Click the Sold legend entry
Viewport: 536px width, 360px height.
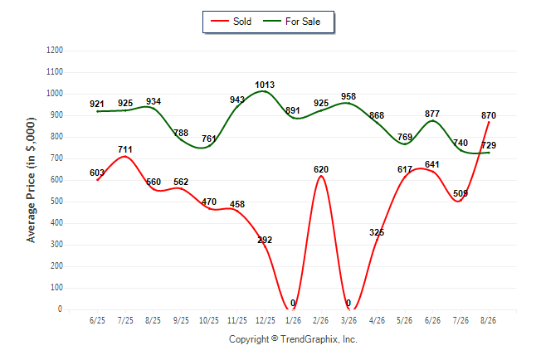pos(231,22)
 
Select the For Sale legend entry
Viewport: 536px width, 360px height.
pos(291,22)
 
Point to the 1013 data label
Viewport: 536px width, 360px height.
pos(265,85)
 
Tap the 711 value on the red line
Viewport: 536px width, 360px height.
pos(125,149)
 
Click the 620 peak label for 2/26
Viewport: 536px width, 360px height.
pos(321,169)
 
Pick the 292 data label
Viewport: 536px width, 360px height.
pos(265,240)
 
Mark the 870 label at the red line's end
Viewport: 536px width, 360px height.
pos(489,115)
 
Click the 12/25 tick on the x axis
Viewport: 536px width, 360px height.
pos(266,320)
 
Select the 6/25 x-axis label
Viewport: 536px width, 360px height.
pos(97,320)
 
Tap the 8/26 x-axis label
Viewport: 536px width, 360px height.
pos(488,320)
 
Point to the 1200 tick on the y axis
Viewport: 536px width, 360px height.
pos(55,51)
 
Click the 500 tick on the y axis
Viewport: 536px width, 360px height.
pos(56,202)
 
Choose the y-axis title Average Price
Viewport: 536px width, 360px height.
pos(31,180)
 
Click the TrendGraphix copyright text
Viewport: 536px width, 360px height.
pos(293,339)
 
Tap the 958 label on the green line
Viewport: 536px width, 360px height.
pos(348,96)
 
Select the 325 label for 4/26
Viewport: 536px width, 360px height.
pos(377,232)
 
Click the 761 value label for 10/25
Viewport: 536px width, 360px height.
pos(209,139)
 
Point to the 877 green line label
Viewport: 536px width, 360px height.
pos(432,114)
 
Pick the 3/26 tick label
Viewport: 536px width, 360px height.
pos(348,320)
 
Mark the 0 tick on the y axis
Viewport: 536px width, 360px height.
pos(61,309)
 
